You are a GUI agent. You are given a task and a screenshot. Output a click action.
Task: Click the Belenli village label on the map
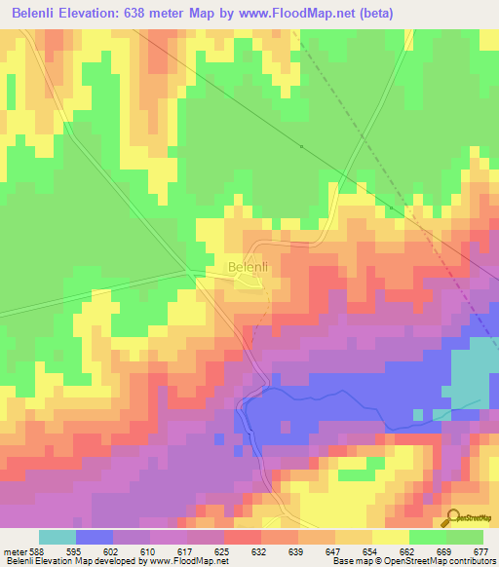point(248,266)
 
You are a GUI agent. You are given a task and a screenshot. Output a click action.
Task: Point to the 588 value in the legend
point(37,551)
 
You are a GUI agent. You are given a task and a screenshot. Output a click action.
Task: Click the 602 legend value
point(114,551)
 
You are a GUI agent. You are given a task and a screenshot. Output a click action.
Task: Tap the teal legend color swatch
point(58,537)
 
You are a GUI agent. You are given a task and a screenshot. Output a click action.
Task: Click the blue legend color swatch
point(95,537)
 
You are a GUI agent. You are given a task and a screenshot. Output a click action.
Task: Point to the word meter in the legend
point(14,551)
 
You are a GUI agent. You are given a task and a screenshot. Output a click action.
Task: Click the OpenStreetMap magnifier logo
point(452,518)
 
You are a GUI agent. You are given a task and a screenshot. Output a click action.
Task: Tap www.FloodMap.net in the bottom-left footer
point(181,562)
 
